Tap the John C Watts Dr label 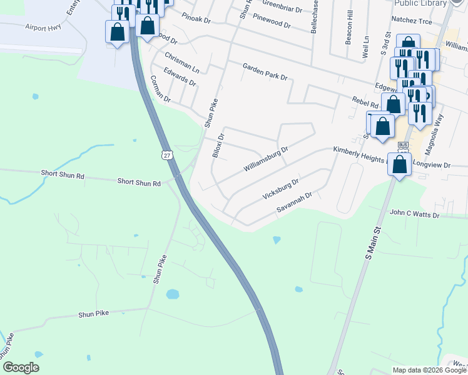point(415,214)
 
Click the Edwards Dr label point(180,78)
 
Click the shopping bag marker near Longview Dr point(400,164)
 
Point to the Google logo point(21,367)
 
